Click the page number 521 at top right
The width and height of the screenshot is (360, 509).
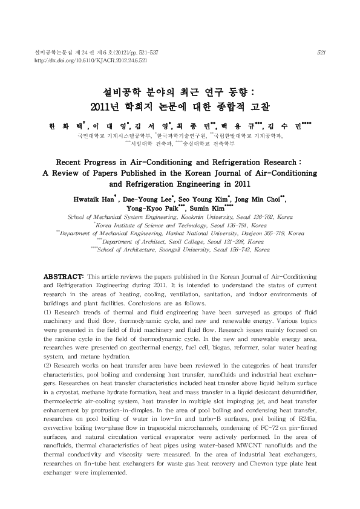click(321, 53)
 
